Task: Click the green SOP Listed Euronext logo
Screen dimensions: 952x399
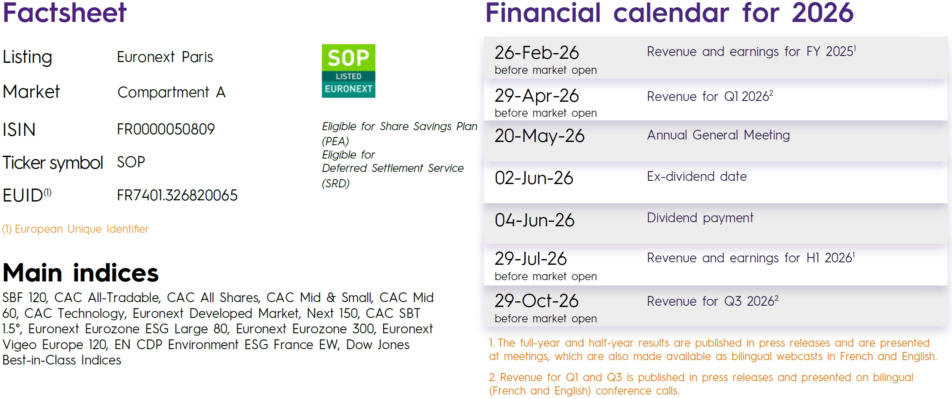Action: [348, 71]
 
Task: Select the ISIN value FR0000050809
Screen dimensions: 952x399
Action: [166, 129]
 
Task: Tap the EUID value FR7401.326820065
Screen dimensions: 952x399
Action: [177, 195]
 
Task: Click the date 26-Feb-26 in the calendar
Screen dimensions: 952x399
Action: [537, 53]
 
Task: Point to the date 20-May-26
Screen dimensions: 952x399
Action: [539, 136]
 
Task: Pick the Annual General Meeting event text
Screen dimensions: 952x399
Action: [718, 135]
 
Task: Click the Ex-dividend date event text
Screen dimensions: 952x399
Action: [696, 176]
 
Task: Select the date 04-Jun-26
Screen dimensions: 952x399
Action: [535, 220]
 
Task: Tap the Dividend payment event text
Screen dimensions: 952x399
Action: [700, 218]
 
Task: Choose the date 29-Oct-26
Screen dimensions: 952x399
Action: [537, 301]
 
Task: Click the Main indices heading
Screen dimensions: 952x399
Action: [81, 272]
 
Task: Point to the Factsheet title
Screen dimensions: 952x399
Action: [65, 13]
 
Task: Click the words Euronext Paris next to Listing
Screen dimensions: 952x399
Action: [165, 57]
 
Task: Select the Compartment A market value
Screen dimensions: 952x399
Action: [171, 92]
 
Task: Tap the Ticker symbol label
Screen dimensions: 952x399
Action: [53, 163]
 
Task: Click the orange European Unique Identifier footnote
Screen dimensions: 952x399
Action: [75, 229]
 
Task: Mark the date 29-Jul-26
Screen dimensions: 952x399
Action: [530, 259]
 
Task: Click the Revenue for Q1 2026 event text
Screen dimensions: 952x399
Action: [710, 97]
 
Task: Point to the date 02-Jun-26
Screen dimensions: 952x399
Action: [534, 178]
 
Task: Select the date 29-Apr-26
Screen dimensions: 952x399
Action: [537, 96]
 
